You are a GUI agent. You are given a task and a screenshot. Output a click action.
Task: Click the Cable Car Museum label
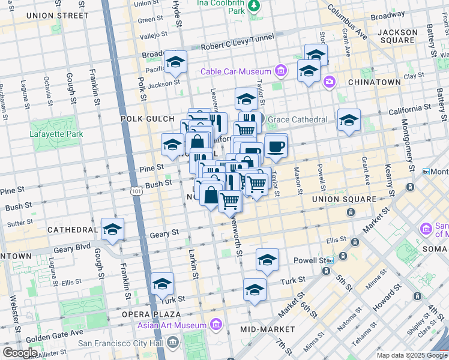pos(237,71)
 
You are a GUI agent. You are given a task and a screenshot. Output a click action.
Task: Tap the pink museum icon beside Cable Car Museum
pos(280,71)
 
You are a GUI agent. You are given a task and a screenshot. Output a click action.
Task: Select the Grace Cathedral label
pos(298,119)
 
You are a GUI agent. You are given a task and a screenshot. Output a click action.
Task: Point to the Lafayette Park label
pos(56,134)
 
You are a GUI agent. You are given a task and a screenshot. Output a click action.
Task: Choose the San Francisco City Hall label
pos(121,343)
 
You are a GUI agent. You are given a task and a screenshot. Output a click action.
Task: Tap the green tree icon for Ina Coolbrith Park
pos(254,5)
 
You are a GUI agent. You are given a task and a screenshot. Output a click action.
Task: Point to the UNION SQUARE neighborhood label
pos(344,199)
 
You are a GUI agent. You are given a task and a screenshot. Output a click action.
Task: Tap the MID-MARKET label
pos(267,329)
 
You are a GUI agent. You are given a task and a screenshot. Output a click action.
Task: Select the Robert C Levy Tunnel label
pos(238,46)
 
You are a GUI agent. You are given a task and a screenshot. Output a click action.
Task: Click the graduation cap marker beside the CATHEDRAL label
pos(112,229)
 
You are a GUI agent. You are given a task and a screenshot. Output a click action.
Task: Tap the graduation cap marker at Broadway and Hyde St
pos(175,62)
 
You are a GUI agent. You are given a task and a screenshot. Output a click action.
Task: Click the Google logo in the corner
pos(20,353)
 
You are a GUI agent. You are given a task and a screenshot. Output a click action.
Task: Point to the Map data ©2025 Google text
pos(411,355)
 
